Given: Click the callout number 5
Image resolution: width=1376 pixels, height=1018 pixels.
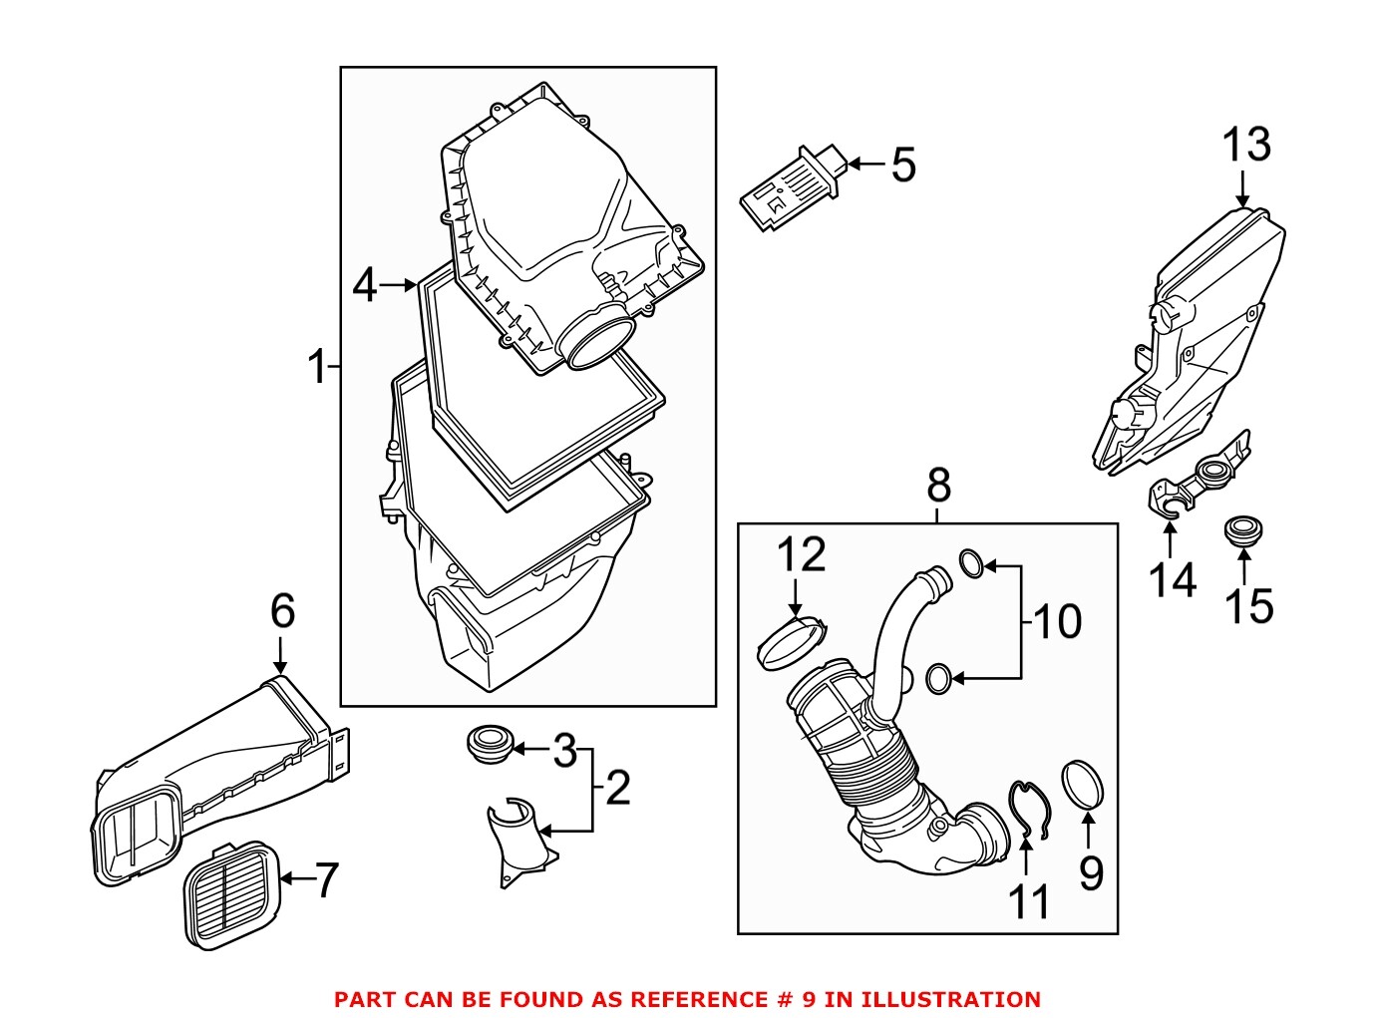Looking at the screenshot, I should click(902, 165).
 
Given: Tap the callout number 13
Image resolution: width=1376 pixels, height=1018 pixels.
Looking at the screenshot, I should click(1246, 145).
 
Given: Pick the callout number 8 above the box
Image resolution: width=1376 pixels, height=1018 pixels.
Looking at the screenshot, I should click(938, 486).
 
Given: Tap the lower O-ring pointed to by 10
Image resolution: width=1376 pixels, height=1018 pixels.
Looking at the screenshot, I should click(938, 679).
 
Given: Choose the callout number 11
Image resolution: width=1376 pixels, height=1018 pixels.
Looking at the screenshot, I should click(1029, 901).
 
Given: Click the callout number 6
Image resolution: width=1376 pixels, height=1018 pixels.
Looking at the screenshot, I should click(282, 611).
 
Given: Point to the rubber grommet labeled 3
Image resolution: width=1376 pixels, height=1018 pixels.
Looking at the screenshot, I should click(489, 745).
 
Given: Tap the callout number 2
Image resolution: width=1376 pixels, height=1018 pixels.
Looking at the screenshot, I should click(618, 788).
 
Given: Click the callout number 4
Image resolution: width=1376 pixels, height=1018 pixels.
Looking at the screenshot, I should click(365, 286).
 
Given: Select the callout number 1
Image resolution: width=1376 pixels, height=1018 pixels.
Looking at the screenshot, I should click(317, 367).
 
